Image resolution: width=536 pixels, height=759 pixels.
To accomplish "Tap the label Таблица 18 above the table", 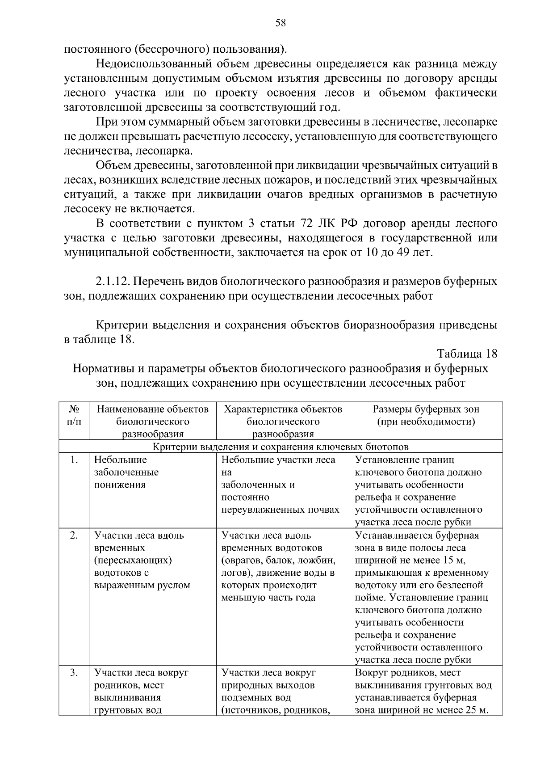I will (467, 354).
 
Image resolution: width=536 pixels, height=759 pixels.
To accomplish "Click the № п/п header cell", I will (74, 415).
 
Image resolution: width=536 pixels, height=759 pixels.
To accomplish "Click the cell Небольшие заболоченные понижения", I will (126, 472).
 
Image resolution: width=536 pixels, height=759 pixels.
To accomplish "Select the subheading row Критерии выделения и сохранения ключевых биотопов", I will (281, 447).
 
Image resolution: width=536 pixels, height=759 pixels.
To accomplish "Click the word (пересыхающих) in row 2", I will (134, 560).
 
